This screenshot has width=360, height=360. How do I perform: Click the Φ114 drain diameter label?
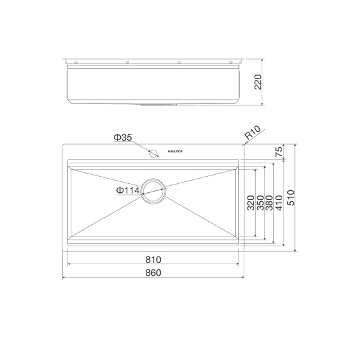coord(128,191)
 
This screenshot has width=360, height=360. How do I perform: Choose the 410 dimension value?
coord(278,203)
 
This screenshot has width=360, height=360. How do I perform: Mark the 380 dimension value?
coord(269,204)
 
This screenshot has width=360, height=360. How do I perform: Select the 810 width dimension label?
coord(153,260)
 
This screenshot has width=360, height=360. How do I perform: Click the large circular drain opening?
coord(154,191)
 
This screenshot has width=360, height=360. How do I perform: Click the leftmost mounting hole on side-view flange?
coord(76,62)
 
